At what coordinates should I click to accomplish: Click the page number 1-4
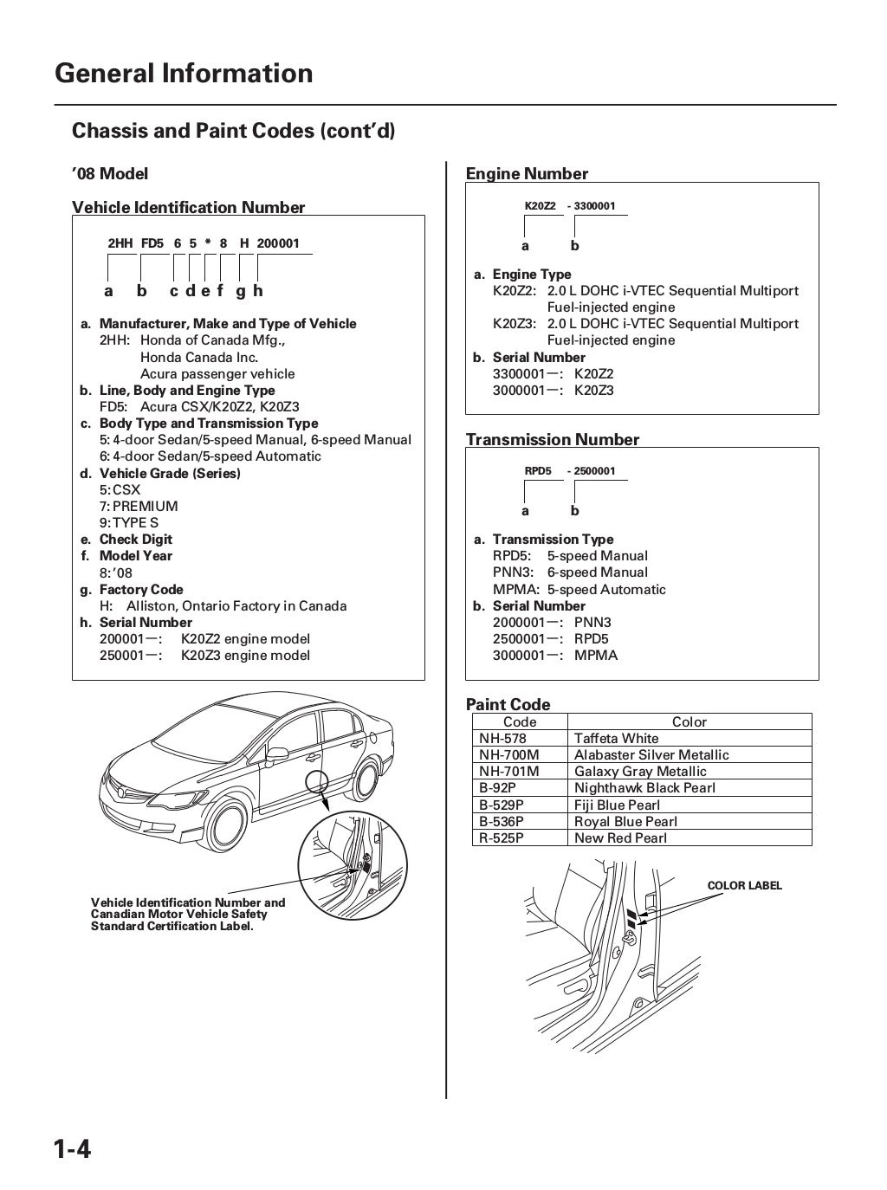tap(73, 1150)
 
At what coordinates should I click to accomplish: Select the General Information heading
tap(184, 74)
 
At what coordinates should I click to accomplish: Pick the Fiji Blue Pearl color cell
tap(617, 805)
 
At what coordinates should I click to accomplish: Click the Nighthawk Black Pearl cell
tap(644, 788)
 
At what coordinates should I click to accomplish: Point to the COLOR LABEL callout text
tap(744, 886)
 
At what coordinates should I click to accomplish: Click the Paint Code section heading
tap(508, 704)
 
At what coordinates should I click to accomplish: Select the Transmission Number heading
tap(553, 439)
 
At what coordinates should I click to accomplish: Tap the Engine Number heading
tap(527, 174)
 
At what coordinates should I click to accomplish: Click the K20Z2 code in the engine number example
tap(541, 206)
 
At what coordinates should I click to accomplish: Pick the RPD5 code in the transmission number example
tap(538, 471)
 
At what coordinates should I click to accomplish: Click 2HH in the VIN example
tap(120, 243)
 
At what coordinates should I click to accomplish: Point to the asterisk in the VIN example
tap(208, 243)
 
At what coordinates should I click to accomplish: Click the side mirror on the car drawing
tap(277, 753)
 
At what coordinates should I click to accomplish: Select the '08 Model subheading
tap(110, 174)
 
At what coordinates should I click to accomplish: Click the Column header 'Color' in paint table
tap(690, 722)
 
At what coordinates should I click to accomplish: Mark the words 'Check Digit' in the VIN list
tap(136, 540)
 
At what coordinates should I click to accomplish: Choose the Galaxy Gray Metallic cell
tap(640, 772)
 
